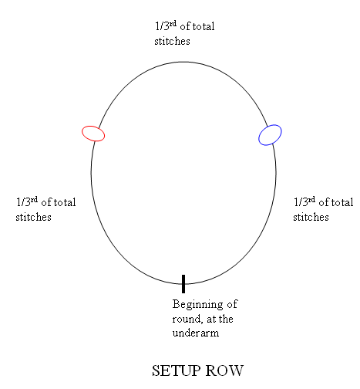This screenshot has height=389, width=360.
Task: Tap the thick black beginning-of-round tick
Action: point(183,284)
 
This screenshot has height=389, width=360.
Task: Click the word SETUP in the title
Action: point(176,370)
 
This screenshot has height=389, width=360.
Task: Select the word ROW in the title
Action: point(224,370)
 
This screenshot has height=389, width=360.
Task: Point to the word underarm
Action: point(196,333)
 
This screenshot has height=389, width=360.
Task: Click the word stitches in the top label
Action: point(172,41)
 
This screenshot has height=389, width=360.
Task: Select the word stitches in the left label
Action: point(33,217)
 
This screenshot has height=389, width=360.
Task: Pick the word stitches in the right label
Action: point(311,217)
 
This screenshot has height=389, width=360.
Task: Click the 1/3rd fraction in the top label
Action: point(166,26)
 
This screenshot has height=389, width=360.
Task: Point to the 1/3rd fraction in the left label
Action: point(27,202)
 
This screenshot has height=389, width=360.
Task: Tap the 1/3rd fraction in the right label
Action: point(304,202)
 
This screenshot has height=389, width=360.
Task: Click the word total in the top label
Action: point(204,26)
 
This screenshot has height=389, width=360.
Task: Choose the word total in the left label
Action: point(65,202)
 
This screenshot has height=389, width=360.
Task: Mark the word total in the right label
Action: point(342,202)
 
